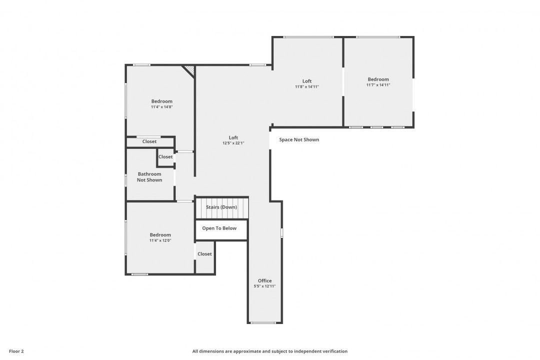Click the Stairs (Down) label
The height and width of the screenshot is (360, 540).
tap(221, 207)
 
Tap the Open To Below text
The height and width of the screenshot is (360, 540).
tap(219, 228)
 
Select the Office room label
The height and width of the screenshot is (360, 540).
tap(265, 281)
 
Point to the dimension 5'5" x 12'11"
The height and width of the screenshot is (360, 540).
tap(265, 286)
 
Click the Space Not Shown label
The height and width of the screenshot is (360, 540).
tap(299, 139)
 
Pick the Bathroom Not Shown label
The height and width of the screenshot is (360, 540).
tap(149, 177)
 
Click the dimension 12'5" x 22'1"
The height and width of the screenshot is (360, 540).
tap(233, 143)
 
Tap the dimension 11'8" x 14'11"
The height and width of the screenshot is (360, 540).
tap(307, 87)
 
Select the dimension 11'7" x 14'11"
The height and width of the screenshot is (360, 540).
tap(378, 84)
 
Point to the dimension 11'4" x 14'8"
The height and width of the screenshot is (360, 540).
tap(162, 107)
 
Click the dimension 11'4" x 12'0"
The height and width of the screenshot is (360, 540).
tap(160, 240)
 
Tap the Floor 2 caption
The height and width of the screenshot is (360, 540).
tap(16, 351)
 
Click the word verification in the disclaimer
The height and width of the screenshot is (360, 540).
tap(334, 351)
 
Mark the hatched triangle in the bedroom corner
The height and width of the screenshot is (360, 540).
tap(190, 70)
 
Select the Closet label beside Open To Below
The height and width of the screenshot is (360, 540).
tap(204, 254)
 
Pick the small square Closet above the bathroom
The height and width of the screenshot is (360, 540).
tap(165, 156)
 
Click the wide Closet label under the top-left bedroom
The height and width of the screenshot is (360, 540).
tap(149, 141)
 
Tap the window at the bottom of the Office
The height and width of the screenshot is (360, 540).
tap(263, 323)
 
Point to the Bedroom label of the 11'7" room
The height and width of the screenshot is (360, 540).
tap(378, 79)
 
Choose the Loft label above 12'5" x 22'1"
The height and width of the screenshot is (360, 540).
tap(233, 138)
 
